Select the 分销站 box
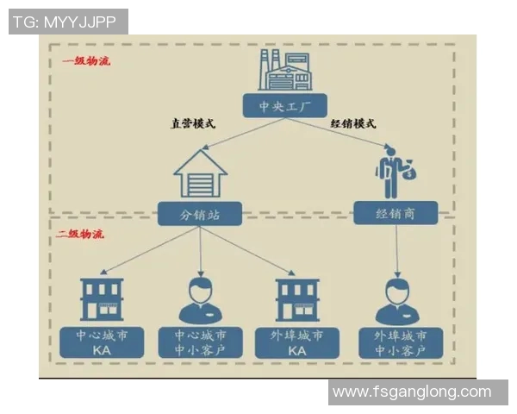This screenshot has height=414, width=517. point(200,213)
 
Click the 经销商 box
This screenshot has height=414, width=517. point(396,212)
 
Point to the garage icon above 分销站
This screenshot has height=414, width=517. point(200,172)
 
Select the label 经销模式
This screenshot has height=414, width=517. point(353,123)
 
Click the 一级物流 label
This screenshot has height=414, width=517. point(86,61)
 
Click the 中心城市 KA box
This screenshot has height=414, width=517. point(103,342)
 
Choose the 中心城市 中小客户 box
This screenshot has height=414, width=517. point(201,342)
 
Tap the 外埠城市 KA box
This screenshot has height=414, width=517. point(297,342)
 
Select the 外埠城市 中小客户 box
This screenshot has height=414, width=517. point(399,342)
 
